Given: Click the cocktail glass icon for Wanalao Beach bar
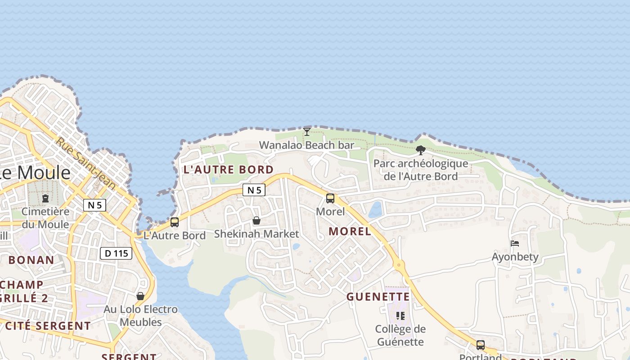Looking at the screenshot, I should coord(307,131).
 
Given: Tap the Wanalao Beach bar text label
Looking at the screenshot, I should coord(306,145).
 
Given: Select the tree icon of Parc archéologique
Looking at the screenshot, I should coord(421,150).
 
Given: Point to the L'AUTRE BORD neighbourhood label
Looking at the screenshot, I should coord(229,170).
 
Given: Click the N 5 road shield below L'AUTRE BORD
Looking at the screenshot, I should coord(254,190).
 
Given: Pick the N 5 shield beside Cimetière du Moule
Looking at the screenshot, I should coord(94,205).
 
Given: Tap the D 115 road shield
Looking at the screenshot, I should coord(116,253).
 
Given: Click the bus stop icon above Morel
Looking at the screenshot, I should coord(330,198).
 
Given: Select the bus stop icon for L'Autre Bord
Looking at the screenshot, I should coord(175,222).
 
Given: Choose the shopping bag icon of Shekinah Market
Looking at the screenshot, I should coord(256,220).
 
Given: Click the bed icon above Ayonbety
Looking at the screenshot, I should coord(515,243).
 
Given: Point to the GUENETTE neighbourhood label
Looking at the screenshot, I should coord(378,297).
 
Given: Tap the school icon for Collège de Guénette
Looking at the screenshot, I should coord(400,315).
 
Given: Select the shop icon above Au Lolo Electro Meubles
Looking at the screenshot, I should coord(140,296).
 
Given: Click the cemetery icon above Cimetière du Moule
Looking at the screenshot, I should coord(45,198).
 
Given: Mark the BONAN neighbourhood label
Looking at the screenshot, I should coord(31,260).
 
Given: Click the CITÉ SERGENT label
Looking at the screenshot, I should coord(48,326).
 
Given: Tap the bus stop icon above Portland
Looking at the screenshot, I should coord(481,345).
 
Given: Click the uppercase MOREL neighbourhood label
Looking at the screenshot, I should coord(350,231).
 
